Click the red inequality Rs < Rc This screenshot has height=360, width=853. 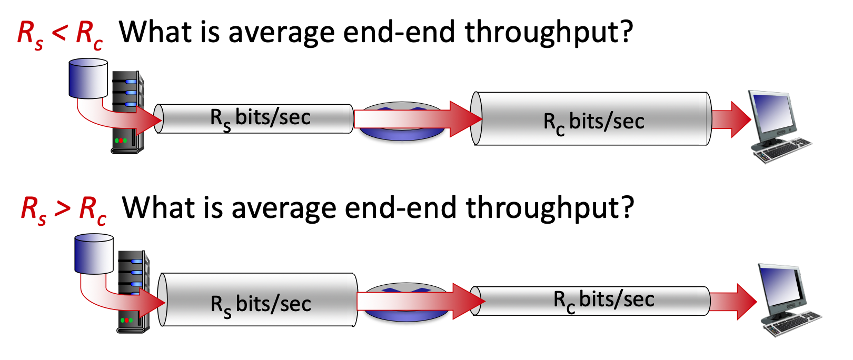(59, 34)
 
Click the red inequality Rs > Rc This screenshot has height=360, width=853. (63, 209)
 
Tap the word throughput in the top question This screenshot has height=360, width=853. (548, 33)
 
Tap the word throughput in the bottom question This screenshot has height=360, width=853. (550, 208)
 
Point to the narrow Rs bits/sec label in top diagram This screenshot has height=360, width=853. (260, 118)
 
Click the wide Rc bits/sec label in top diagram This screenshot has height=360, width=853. (593, 122)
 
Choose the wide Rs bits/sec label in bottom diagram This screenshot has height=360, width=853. (261, 305)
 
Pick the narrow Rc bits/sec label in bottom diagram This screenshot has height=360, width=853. (603, 300)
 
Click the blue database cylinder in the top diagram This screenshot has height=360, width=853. (88, 78)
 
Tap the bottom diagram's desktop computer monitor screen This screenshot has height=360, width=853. (781, 287)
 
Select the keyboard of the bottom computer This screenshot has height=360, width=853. (792, 324)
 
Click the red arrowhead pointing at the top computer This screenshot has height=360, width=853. (740, 119)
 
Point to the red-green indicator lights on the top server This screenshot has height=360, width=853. (121, 141)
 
